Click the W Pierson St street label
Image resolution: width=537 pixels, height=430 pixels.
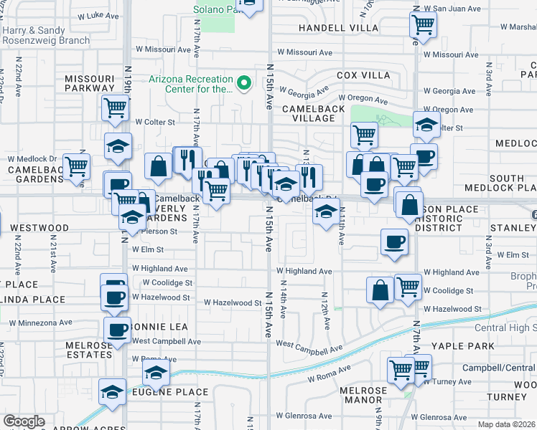154,231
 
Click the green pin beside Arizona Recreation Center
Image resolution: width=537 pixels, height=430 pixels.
244,83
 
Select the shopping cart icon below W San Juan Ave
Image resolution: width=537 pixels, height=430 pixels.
424,25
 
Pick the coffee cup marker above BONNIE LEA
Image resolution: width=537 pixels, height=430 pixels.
116,297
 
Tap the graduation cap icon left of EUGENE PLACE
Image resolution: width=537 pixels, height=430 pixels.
112,392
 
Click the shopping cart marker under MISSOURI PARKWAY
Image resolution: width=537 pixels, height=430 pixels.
116,108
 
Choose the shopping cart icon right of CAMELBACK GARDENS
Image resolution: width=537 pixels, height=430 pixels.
76,166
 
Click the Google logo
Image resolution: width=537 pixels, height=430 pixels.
24,421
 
